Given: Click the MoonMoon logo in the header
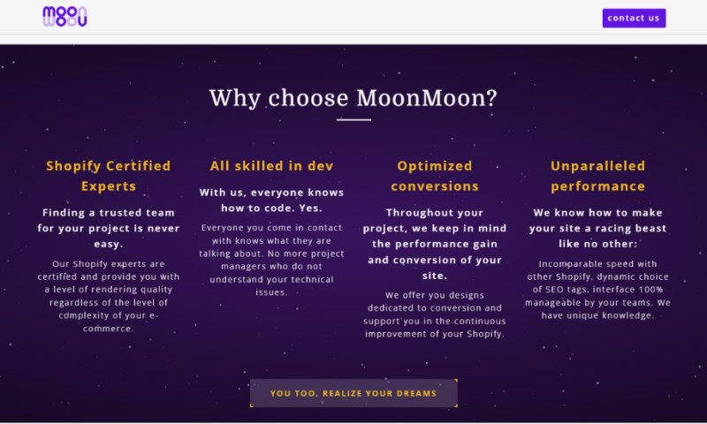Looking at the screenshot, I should pyautogui.click(x=65, y=17).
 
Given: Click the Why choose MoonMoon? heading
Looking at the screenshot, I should pyautogui.click(x=353, y=97).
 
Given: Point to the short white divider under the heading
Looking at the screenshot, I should pyautogui.click(x=353, y=119).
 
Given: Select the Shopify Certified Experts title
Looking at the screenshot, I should pyautogui.click(x=108, y=176).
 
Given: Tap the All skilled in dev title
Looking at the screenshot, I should pyautogui.click(x=271, y=165).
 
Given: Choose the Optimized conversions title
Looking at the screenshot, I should pyautogui.click(x=435, y=176).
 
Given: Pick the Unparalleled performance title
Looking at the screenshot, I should pyautogui.click(x=597, y=176).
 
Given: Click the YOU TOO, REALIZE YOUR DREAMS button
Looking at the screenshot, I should pyautogui.click(x=353, y=393).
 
